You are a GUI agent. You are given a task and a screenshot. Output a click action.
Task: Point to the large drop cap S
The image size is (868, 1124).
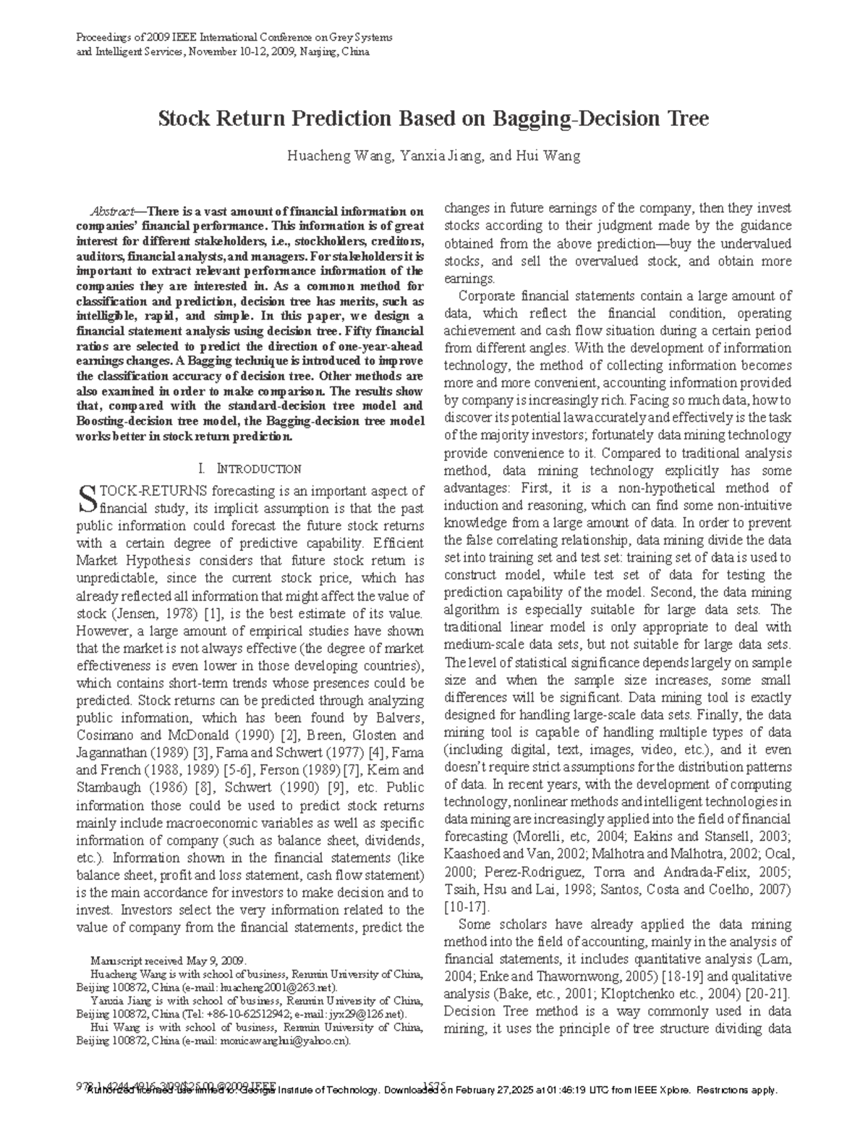coord(86,498)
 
